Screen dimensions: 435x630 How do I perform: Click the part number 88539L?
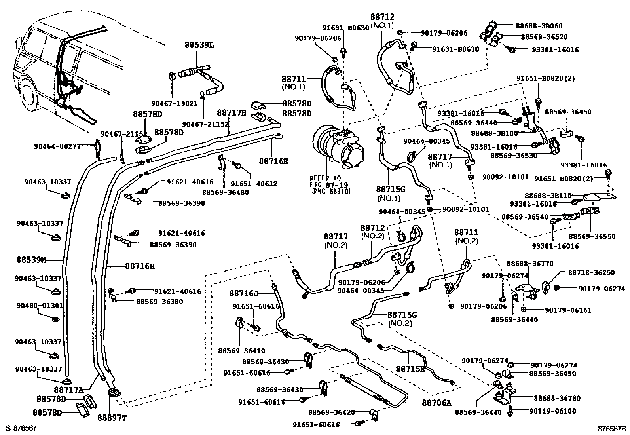[x=199, y=45]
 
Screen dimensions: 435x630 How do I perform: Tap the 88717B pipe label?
[x=232, y=113]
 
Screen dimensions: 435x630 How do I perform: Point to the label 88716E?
[x=274, y=161]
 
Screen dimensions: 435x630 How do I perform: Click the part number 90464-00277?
[x=57, y=146]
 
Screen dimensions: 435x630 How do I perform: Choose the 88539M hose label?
[x=31, y=260]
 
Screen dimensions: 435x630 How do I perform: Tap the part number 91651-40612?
[x=254, y=184]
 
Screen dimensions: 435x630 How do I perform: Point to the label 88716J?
[x=244, y=293]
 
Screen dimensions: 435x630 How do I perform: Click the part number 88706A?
[x=436, y=403]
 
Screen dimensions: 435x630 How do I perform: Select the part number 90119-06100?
[x=553, y=411]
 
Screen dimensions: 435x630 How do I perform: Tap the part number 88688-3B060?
[x=539, y=26]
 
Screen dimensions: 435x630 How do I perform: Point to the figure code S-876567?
[x=21, y=428]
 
